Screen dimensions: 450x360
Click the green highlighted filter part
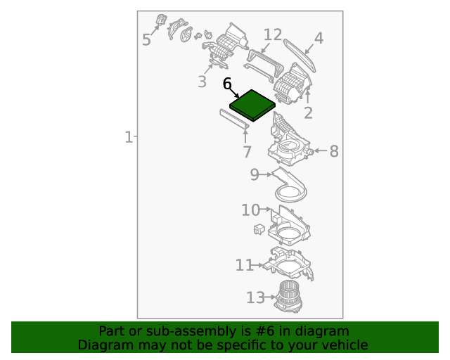click(252, 105)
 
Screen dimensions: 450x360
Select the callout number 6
click(227, 84)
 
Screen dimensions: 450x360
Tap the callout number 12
click(273, 34)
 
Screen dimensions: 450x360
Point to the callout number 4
click(319, 38)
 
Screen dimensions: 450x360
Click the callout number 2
click(308, 113)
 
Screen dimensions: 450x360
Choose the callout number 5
click(146, 39)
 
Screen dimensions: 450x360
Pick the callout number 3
click(202, 82)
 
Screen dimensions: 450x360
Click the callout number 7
click(247, 152)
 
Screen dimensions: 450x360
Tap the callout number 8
click(334, 151)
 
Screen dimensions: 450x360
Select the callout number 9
click(255, 174)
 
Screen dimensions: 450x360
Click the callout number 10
click(251, 210)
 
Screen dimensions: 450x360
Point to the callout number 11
click(244, 265)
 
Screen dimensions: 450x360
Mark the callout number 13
click(256, 297)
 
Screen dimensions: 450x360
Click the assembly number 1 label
click(129, 137)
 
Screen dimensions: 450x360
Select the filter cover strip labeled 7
click(234, 120)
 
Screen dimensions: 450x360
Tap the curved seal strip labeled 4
click(300, 56)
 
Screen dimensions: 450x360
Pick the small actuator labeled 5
click(161, 20)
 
